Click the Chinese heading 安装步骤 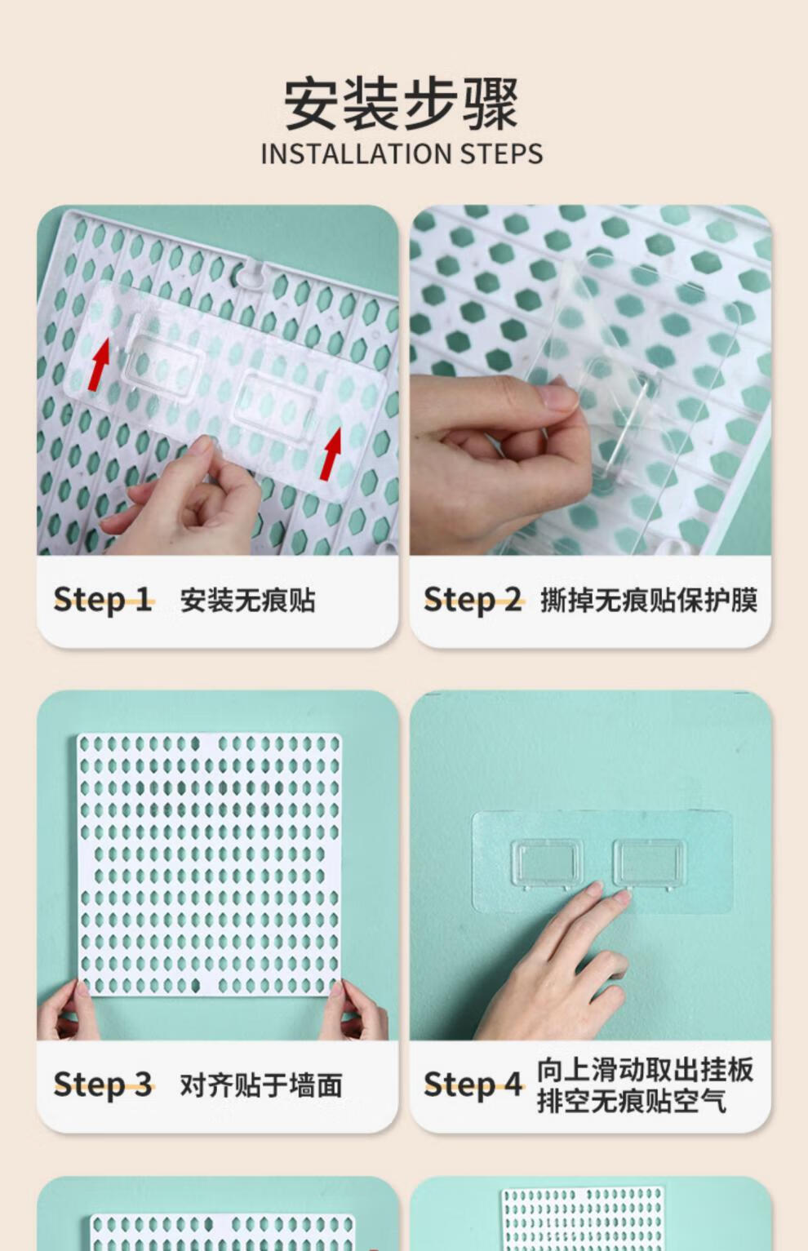point(402,104)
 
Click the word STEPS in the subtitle point(501,154)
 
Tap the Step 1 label point(103,600)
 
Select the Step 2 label point(473,600)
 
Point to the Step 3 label point(103,1085)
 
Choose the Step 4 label point(473,1085)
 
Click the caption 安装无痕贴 point(247,601)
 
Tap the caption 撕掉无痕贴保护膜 point(649,601)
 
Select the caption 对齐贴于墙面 point(261,1085)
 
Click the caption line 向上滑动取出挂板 point(645,1070)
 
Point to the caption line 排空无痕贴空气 point(632,1102)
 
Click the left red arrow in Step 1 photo point(100,365)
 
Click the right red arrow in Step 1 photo point(331,454)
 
